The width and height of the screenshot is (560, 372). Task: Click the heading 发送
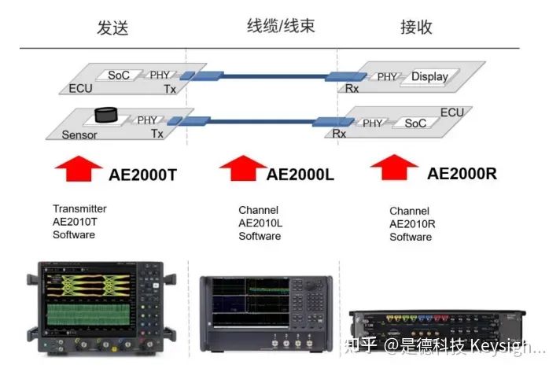112,28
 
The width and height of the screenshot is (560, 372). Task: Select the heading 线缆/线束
280,27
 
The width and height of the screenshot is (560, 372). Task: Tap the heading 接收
416,28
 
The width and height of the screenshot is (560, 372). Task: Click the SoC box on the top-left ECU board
120,75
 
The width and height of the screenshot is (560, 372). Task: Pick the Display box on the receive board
429,76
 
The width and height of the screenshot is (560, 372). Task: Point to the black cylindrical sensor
105,115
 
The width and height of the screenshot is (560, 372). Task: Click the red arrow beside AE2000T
78,168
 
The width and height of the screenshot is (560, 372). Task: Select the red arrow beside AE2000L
242,168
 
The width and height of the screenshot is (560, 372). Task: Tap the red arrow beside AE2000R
395,168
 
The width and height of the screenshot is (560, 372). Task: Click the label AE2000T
142,175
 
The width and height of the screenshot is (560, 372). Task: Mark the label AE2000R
462,173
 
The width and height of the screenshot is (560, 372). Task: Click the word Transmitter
79,209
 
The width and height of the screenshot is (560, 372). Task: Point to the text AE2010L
260,223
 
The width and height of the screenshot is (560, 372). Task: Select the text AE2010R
412,224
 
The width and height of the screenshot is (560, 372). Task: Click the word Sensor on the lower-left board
79,134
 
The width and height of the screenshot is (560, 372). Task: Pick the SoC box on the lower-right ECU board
415,123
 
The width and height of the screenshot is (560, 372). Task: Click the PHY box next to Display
387,76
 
